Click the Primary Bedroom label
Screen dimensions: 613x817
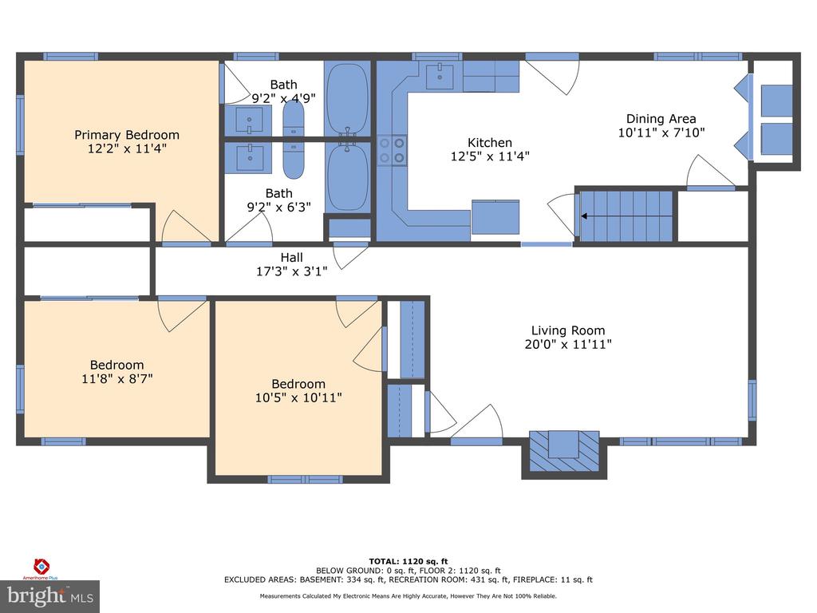point(127,135)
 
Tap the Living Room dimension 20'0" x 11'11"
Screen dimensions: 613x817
point(568,345)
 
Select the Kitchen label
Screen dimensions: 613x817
point(490,143)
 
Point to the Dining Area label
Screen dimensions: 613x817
point(661,119)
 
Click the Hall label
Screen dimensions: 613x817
point(290,257)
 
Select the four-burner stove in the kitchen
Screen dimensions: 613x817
point(393,149)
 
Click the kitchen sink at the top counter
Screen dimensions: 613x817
point(439,77)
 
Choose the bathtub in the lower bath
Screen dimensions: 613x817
point(347,176)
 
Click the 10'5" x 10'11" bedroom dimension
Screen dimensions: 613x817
point(298,397)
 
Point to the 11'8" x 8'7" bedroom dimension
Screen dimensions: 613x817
point(116,379)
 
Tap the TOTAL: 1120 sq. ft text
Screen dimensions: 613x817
point(408,561)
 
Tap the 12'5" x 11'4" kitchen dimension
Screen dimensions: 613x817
point(490,157)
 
